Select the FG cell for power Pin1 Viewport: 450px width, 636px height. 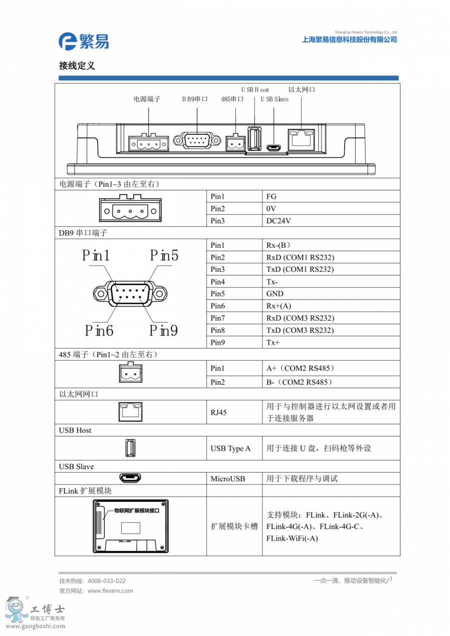[271, 196]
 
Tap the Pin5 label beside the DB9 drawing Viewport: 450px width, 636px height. [164, 256]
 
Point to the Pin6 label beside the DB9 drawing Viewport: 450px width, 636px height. [99, 330]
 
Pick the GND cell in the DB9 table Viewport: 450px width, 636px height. [275, 294]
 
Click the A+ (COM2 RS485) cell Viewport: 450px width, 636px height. [300, 368]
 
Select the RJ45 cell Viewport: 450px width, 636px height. [218, 413]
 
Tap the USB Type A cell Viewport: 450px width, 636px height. [230, 449]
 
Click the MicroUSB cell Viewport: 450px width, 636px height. [228, 479]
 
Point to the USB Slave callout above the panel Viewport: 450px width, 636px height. [274, 99]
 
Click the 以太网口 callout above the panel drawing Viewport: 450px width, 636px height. [302, 89]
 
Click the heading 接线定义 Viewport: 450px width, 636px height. [76, 66]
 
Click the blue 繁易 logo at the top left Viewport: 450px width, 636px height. [83, 41]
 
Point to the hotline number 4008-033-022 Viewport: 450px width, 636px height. [106, 581]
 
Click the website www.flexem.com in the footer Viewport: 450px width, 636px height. [110, 591]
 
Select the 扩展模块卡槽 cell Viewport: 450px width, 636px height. [234, 526]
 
